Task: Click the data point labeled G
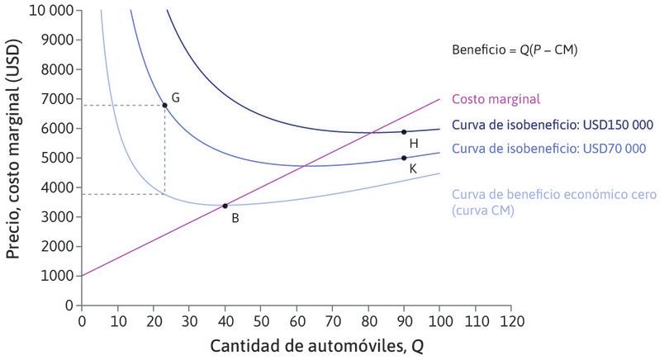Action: (165, 105)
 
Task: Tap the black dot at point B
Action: (225, 206)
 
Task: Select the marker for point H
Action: (404, 131)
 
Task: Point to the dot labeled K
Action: (404, 158)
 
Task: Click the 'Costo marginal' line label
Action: (496, 99)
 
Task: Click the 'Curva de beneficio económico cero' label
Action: (553, 195)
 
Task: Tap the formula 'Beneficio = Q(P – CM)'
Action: (514, 50)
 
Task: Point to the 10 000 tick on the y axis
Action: (50, 11)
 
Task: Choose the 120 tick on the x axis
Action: (512, 319)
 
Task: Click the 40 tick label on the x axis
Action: (225, 319)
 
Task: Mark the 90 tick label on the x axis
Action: (404, 319)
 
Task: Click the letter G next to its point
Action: (176, 97)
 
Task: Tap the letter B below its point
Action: (235, 219)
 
